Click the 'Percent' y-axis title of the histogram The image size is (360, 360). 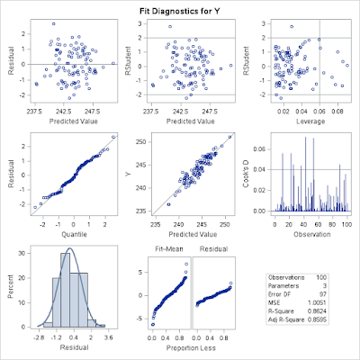pyautogui.click(x=8, y=285)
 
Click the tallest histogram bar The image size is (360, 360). pyautogui.click(x=66, y=288)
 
